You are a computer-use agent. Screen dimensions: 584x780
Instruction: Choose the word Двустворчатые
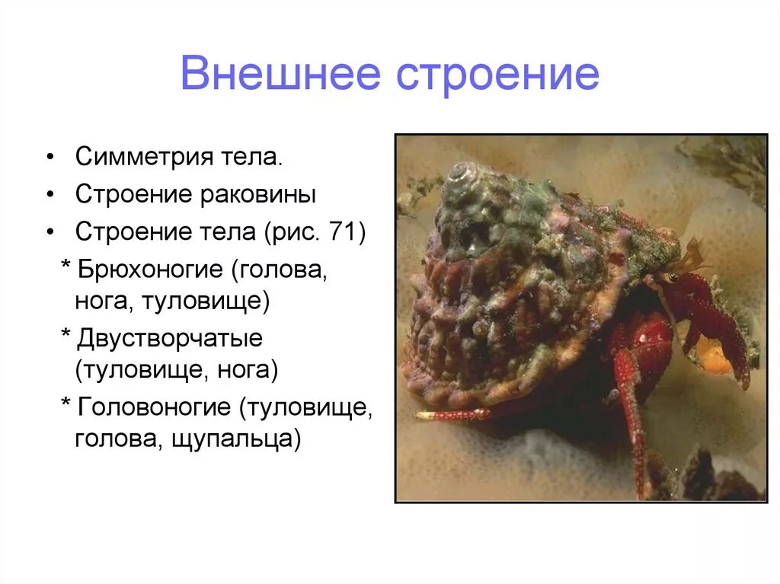click(x=168, y=338)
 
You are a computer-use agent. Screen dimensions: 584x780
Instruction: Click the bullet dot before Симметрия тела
click(x=50, y=158)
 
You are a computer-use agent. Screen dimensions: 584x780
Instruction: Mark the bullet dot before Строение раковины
click(x=50, y=194)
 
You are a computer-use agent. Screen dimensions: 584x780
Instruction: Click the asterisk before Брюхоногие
click(x=65, y=268)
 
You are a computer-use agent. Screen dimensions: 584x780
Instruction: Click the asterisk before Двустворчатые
click(x=65, y=336)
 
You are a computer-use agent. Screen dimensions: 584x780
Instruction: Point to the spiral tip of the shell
click(x=461, y=172)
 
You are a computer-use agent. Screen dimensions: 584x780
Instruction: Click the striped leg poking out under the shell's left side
click(x=452, y=415)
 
